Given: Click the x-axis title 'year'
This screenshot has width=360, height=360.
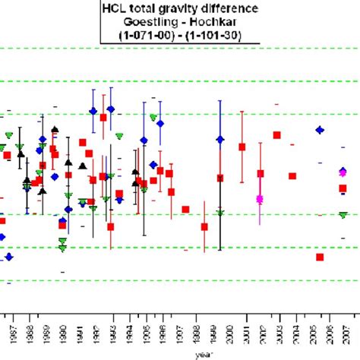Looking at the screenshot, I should tap(202, 354).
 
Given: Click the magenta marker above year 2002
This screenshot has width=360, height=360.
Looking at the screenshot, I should tap(260, 199).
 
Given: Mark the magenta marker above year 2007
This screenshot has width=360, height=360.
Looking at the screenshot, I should tap(343, 173).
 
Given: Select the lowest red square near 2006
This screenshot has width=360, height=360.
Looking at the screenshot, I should tap(320, 257).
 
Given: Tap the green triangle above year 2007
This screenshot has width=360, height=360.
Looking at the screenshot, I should tap(343, 215).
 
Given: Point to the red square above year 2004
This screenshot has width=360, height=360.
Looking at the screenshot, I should tap(292, 176).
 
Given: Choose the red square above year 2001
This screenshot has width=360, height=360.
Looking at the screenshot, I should tap(242, 147).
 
